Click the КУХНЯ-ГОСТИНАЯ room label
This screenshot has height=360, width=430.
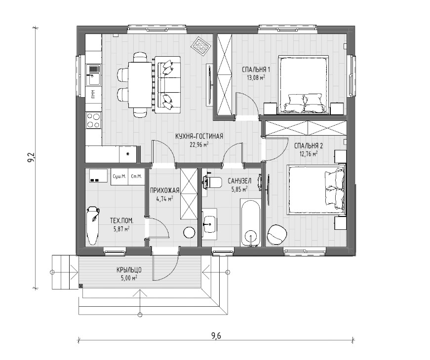point(199,136)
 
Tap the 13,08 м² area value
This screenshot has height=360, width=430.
point(256,77)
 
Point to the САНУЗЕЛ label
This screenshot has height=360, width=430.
point(239,181)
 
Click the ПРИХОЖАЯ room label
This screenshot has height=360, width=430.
point(164,190)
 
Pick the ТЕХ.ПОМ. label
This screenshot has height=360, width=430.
point(122,220)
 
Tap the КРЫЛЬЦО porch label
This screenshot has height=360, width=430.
point(129,270)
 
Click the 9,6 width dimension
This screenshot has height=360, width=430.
point(216,335)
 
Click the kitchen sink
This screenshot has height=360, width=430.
point(93,74)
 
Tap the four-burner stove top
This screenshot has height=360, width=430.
point(93,121)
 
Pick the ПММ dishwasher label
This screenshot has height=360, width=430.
point(93,95)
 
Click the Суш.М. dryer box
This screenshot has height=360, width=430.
point(119,177)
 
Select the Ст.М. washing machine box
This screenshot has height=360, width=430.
point(136,177)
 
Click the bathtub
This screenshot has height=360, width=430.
point(250,223)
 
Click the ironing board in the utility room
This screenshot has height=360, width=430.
point(92,226)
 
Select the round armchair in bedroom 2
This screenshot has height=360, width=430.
point(277,235)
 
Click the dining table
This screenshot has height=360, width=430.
point(140,85)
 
